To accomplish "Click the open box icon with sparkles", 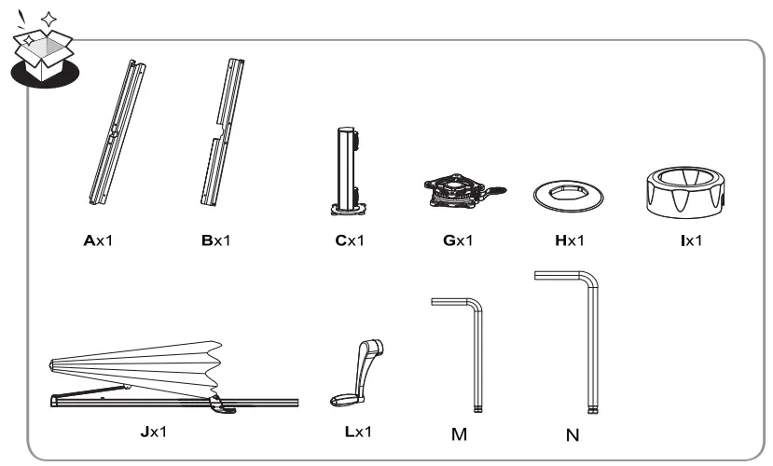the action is (45, 49).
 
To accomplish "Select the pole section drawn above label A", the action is (117, 132).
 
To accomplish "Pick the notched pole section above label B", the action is (223, 132).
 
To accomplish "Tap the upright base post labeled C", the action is (349, 171).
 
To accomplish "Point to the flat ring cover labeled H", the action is (569, 195).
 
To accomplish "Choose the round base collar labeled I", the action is (685, 192).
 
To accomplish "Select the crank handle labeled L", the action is (357, 373).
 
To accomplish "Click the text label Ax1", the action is (98, 240).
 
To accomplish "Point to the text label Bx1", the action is (216, 240).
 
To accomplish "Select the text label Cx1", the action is (350, 240).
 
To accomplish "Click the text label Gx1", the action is (458, 240).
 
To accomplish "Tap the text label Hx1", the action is (570, 240).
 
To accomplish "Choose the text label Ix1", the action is (691, 240).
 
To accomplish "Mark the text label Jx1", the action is (154, 432).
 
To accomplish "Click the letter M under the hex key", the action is (459, 434).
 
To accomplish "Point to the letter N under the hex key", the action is (573, 435).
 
